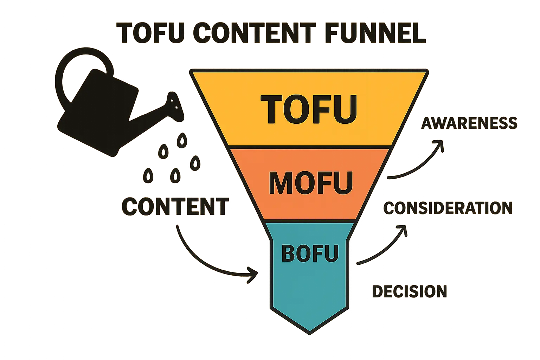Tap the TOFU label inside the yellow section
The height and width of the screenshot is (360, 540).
coord(309,109)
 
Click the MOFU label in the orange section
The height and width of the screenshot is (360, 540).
coord(311,183)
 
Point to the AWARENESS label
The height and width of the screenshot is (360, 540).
coord(469,123)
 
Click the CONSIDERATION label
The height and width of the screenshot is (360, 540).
coord(448,208)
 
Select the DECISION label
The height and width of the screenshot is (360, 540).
coord(410,291)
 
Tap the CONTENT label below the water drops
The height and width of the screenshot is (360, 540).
coord(175,206)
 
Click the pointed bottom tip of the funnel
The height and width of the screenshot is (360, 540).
coord(309,334)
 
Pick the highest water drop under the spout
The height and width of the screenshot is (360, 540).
coord(182,140)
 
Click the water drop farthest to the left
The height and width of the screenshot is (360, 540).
coord(148,175)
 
